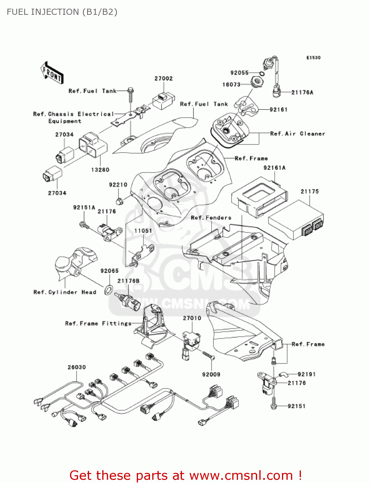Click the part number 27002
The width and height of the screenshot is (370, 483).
[164, 79]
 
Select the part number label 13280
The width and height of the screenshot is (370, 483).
[100, 170]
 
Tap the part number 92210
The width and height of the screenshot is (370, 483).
[118, 185]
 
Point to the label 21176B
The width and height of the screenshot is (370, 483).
[128, 281]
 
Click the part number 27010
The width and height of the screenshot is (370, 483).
[192, 318]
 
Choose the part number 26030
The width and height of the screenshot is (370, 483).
[77, 367]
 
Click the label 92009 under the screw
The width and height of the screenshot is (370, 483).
[211, 374]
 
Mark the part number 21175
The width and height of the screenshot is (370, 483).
[310, 192]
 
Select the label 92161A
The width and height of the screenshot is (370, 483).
[275, 168]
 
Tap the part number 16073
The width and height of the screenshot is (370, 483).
[231, 85]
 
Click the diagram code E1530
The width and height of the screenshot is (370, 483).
[313, 58]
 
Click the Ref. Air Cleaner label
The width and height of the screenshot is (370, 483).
[297, 134]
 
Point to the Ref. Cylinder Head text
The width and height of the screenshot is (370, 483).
[65, 292]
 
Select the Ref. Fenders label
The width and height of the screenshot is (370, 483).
[211, 218]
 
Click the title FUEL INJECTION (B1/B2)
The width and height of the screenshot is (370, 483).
[62, 12]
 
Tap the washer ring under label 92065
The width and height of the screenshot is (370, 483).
[109, 289]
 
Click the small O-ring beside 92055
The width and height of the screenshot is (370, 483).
[262, 74]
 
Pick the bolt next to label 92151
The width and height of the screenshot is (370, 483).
[274, 403]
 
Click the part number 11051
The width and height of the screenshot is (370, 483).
[143, 231]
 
